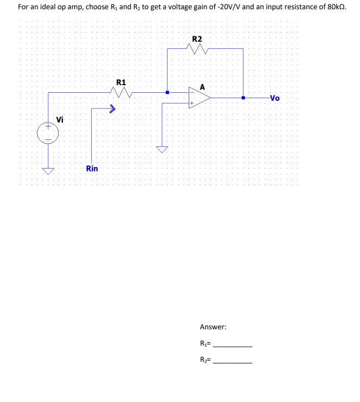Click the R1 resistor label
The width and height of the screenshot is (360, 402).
[121, 82]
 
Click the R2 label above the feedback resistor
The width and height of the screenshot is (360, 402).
[197, 39]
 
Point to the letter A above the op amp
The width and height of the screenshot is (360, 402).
[203, 86]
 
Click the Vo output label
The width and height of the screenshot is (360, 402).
[275, 98]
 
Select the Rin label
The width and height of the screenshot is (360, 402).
[92, 169]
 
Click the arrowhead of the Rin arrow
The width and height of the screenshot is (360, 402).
[113, 109]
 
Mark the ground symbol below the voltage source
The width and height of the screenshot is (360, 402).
[48, 171]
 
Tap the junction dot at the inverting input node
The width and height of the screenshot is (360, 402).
[168, 92]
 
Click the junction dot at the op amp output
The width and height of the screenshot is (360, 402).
[243, 98]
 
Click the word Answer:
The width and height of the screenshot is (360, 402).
[213, 327]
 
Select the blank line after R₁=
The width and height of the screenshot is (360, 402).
[233, 346]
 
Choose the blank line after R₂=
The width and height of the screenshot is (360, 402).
[233, 362]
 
